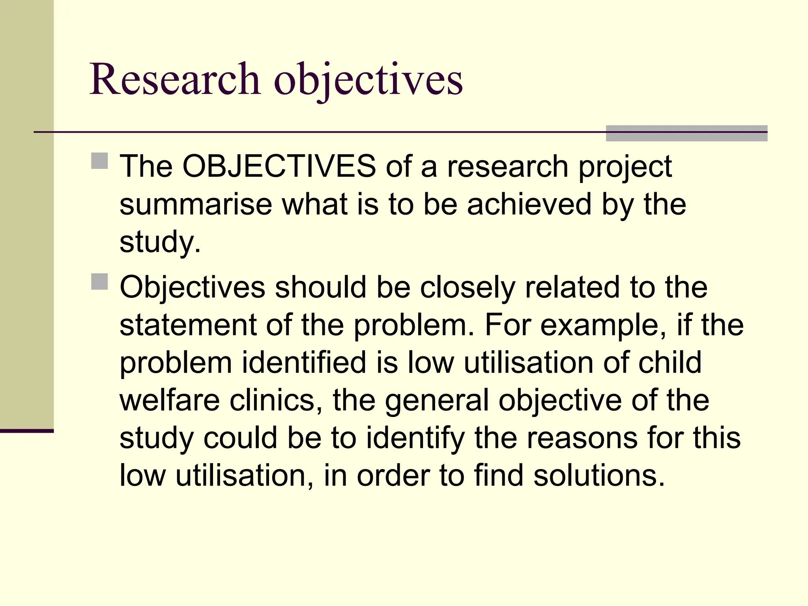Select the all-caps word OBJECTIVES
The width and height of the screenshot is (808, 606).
279,166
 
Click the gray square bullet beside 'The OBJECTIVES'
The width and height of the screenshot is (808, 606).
99,161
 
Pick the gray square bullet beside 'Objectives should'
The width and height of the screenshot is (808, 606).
99,282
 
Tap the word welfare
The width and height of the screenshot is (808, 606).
170,400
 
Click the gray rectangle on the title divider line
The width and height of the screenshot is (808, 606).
686,133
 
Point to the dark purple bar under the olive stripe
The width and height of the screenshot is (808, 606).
26,431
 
